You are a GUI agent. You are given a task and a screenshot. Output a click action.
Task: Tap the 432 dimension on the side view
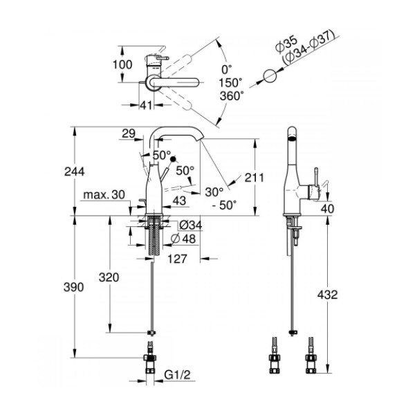[329, 295]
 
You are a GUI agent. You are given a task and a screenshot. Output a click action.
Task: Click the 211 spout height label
[255, 178]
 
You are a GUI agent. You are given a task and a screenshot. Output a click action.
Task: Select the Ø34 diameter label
[190, 225]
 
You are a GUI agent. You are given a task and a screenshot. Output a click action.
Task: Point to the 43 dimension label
[178, 201]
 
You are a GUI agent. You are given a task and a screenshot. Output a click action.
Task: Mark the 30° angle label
[214, 191]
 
